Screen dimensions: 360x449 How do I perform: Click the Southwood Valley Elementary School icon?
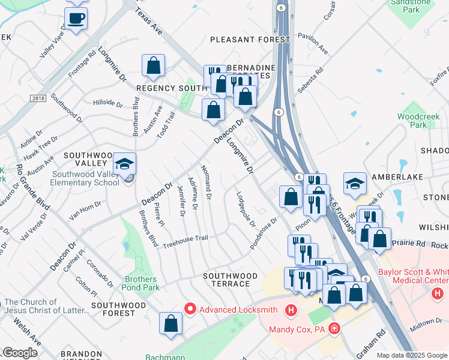point(124,164)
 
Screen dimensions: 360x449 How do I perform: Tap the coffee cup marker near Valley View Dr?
point(76,19)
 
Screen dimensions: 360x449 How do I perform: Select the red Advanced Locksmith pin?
point(190,310)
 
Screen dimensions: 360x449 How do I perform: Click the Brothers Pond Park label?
point(141,283)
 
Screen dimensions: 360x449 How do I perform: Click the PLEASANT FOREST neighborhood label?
point(250,40)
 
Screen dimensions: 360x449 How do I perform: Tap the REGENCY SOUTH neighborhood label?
point(163,88)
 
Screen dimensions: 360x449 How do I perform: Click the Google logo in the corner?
point(20,353)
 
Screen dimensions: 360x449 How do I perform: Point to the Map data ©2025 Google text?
point(412,355)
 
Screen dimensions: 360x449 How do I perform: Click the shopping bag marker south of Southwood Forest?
point(171,323)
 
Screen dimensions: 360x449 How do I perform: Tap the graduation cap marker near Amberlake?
point(355,183)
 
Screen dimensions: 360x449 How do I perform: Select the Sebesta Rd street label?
point(310,80)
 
